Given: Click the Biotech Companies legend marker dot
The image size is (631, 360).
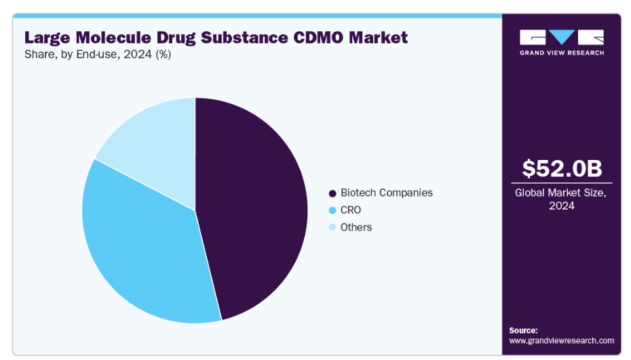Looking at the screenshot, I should [x=332, y=193].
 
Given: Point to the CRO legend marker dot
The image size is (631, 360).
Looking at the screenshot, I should [x=332, y=210].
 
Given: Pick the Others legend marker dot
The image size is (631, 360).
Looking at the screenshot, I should [x=332, y=228].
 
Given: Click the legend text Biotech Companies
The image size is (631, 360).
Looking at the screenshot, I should [x=386, y=193].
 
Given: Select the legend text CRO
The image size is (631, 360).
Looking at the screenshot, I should [x=351, y=210].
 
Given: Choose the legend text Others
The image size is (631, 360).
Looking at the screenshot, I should [x=356, y=227].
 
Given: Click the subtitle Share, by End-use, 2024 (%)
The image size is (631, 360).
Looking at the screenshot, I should [x=98, y=55].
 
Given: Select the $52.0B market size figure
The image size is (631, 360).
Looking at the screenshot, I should [x=561, y=168].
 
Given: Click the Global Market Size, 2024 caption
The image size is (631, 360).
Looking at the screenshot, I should [x=561, y=199].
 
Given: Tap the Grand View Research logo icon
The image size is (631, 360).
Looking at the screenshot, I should [x=561, y=37].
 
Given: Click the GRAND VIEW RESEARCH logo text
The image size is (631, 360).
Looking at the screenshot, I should [x=561, y=52].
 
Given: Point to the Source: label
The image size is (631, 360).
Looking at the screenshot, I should [x=523, y=329].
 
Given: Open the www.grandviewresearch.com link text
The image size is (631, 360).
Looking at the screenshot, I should [x=561, y=340].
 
